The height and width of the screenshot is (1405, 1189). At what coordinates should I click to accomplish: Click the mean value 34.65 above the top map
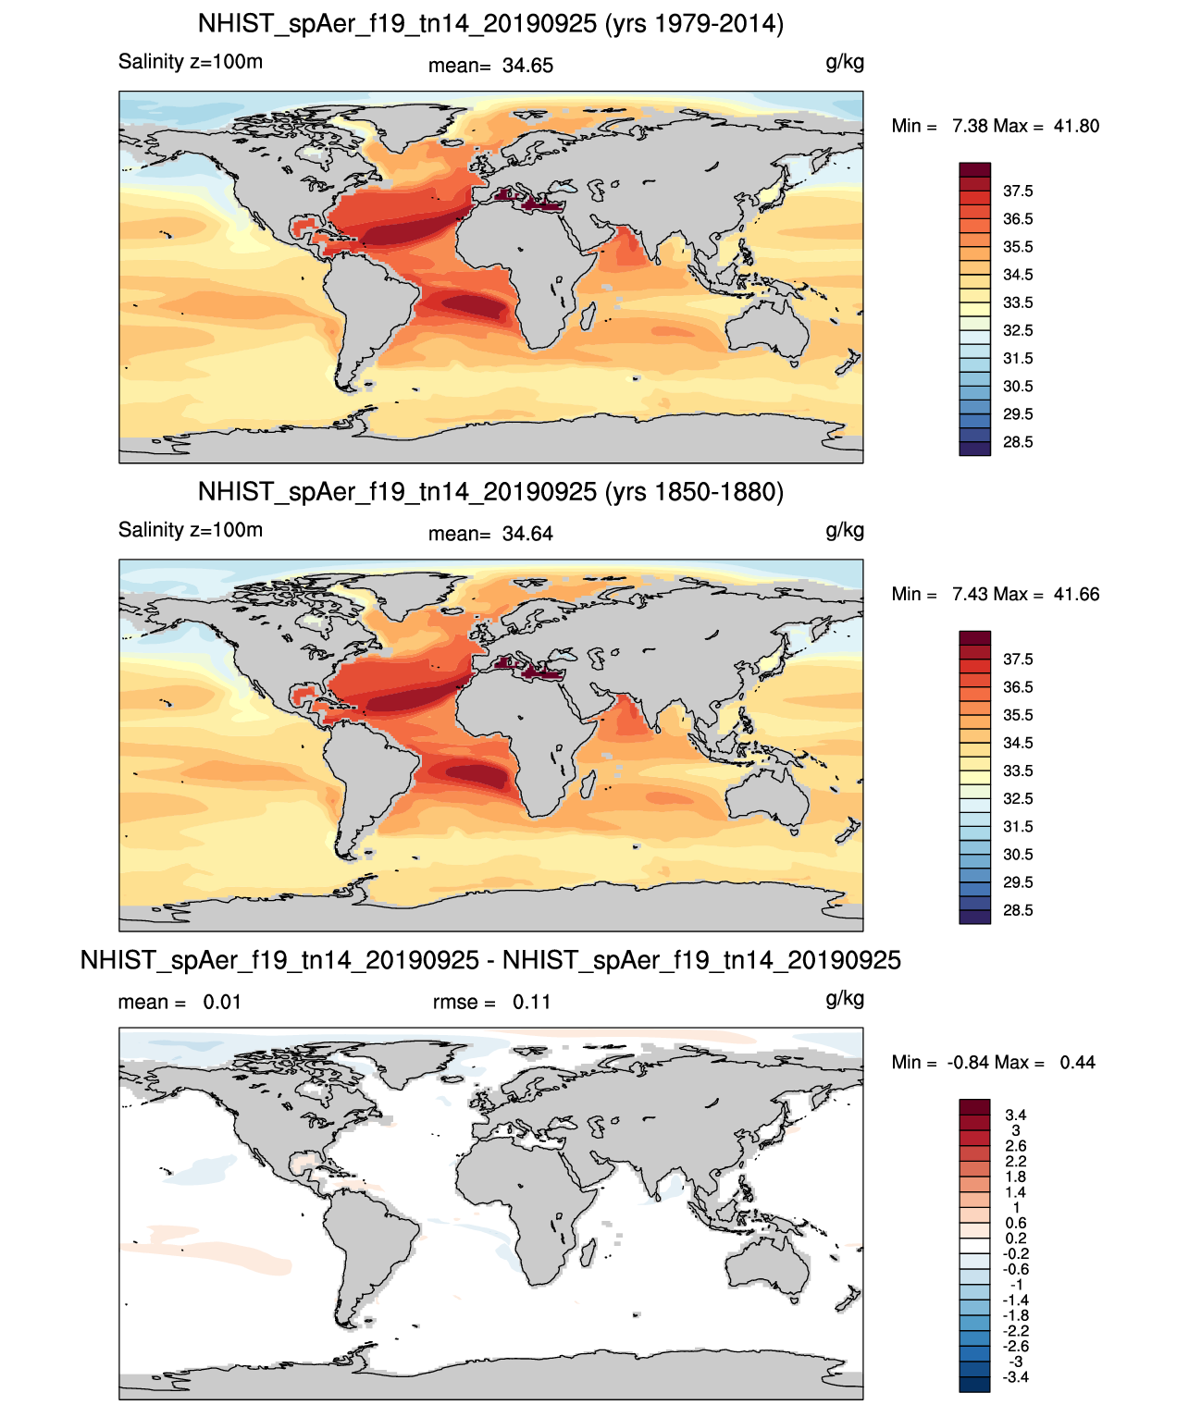pos(527,66)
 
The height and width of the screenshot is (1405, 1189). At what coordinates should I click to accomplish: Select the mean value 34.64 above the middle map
pos(527,535)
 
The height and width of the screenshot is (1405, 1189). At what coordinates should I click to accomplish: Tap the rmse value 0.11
pos(532,1003)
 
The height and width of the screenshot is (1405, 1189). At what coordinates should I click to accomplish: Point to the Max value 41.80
pos(1076,127)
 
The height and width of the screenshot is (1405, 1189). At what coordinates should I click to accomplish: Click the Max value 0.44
pos(1078,1063)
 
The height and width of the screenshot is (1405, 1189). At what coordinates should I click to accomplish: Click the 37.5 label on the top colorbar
pos(1018,191)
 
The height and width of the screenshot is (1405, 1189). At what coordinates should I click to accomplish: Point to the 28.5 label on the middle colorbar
pos(1018,910)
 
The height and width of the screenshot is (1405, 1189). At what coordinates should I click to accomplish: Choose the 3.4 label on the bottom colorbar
pos(1016,1115)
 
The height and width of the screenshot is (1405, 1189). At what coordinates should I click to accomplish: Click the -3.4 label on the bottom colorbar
pos(1016,1378)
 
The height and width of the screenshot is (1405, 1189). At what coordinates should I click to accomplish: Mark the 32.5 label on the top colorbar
pos(1018,330)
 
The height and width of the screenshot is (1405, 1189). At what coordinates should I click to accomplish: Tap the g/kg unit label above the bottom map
pos(845,999)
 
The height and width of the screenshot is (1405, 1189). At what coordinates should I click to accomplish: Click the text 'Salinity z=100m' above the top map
pos(191,62)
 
